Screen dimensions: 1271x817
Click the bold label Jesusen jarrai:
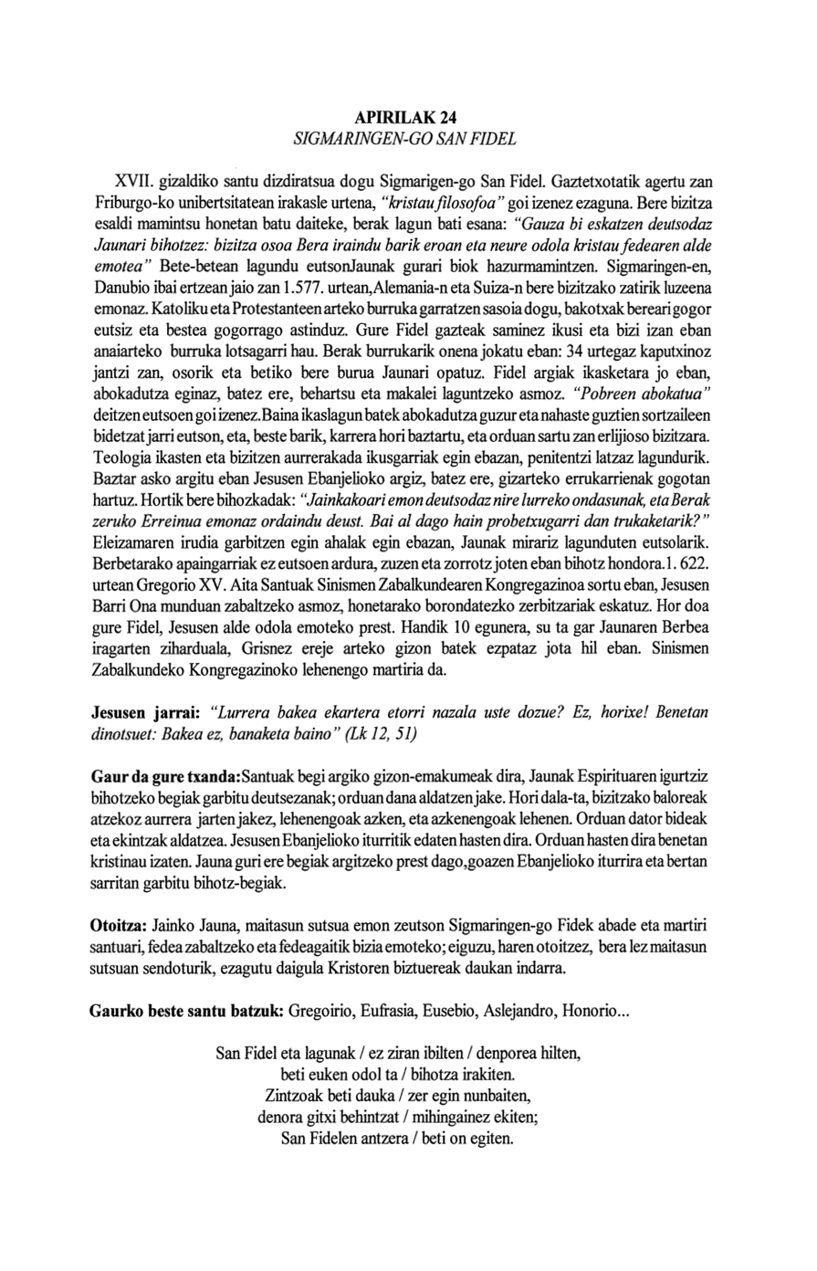click(146, 710)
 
